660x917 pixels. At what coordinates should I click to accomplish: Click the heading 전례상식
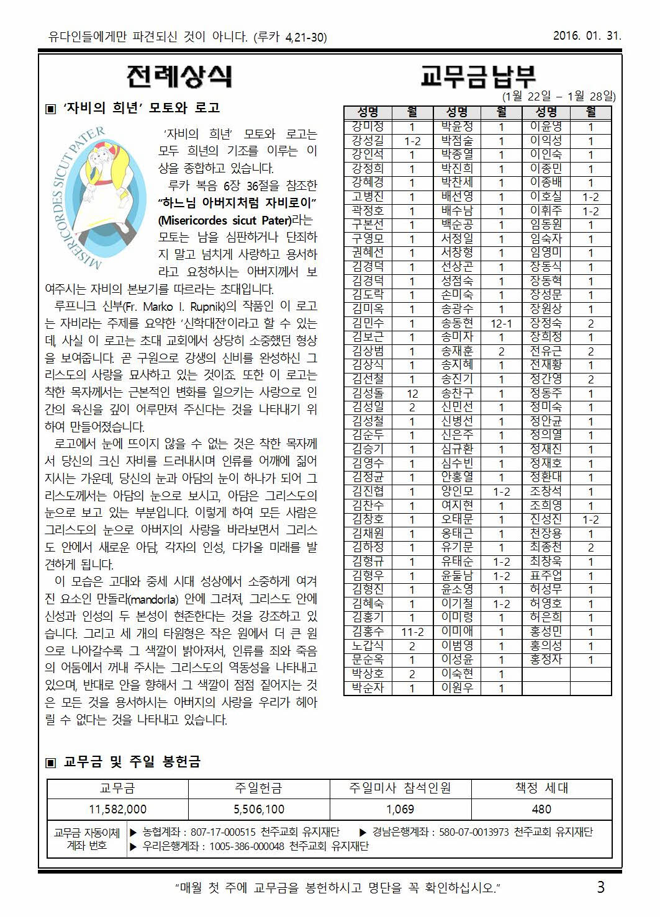[x=179, y=76]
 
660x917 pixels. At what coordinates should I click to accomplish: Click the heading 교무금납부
[x=478, y=76]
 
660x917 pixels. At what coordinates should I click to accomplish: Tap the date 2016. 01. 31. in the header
[x=587, y=35]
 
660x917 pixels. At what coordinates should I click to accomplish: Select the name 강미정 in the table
[x=368, y=127]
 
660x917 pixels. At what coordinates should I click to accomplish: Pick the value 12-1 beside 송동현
[x=501, y=323]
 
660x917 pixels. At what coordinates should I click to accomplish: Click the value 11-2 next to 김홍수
[x=412, y=632]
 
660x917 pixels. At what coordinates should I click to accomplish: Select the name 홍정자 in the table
[x=546, y=660]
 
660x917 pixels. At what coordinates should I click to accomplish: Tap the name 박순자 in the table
[x=368, y=688]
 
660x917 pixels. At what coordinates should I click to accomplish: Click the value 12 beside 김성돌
[x=412, y=393]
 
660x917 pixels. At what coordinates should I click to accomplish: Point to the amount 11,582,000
[x=117, y=809]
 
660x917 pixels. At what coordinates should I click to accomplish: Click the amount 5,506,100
[x=259, y=809]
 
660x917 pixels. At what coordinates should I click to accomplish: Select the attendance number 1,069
[x=400, y=809]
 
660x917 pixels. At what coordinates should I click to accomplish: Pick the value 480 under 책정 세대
[x=541, y=809]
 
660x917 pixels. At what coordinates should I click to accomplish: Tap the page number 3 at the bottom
[x=600, y=887]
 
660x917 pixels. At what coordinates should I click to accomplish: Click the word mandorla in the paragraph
[x=155, y=600]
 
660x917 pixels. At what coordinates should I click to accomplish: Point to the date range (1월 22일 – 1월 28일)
[x=559, y=96]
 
